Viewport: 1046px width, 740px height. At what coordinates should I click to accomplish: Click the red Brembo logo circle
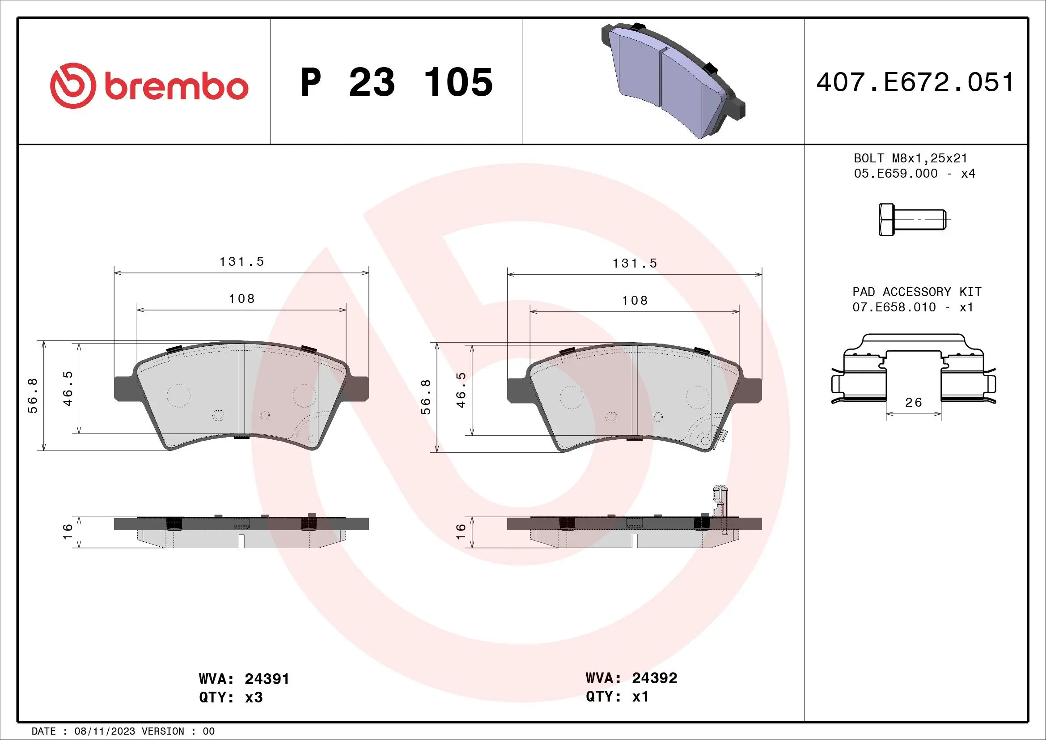tap(73, 85)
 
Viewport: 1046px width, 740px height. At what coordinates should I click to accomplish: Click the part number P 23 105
tap(396, 82)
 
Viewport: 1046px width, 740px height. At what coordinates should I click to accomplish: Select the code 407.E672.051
tap(915, 82)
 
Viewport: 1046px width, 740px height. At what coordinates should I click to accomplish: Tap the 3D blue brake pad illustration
tap(673, 80)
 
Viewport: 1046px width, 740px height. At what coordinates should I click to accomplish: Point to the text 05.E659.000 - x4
tap(915, 174)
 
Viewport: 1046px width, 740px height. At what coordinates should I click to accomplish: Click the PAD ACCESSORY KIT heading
tap(917, 292)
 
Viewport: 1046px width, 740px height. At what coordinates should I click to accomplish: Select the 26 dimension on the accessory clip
tap(914, 402)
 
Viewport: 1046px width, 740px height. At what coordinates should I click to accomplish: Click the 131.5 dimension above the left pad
tap(241, 262)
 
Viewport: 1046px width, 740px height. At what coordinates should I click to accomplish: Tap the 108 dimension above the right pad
tap(635, 300)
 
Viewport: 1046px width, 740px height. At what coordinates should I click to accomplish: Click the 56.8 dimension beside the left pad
tap(33, 396)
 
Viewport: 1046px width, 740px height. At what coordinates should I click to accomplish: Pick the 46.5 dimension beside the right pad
tap(461, 390)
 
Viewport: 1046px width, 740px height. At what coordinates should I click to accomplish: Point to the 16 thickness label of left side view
tap(68, 532)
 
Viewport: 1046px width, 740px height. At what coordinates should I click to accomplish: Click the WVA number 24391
tap(267, 679)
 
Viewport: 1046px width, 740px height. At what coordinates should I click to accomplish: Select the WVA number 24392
tap(655, 678)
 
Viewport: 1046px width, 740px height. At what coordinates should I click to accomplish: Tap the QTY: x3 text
tap(231, 697)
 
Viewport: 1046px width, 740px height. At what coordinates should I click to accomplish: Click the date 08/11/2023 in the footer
tap(104, 731)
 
